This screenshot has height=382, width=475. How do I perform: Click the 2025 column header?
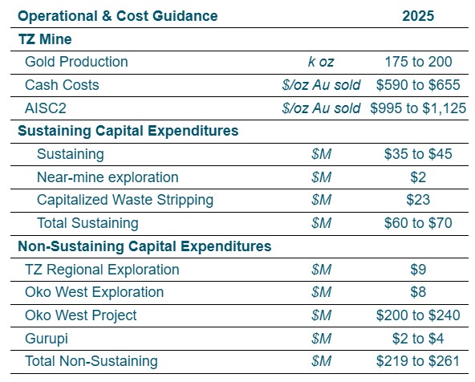click(x=418, y=15)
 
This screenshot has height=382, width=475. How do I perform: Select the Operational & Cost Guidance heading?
click(x=117, y=15)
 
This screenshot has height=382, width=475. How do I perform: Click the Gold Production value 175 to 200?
click(x=418, y=62)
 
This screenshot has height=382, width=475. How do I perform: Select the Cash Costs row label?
click(x=62, y=85)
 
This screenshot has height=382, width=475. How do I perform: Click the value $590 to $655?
click(x=418, y=85)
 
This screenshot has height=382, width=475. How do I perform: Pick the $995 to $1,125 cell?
click(x=418, y=108)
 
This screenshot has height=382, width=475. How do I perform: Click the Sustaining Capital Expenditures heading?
click(x=128, y=131)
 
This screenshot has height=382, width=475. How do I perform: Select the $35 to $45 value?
click(x=418, y=154)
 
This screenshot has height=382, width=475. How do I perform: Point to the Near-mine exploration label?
click(x=108, y=177)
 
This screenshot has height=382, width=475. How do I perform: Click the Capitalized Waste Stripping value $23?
click(x=418, y=200)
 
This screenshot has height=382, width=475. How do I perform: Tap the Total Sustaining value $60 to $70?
click(x=418, y=223)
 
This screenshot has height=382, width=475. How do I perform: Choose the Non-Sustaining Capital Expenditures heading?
click(x=144, y=246)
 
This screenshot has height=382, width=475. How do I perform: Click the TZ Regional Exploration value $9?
click(x=418, y=270)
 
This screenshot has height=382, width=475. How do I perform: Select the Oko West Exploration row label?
click(x=94, y=292)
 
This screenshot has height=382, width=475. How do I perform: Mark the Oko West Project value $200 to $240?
click(x=418, y=315)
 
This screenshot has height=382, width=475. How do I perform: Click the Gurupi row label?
click(x=46, y=339)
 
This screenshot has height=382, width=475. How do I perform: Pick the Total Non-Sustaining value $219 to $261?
click(x=418, y=362)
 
